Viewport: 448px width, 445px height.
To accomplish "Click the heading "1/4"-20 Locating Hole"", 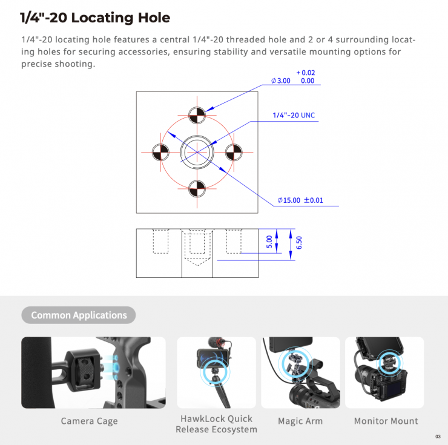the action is point(95,18).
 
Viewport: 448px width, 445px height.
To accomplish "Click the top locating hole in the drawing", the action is point(197,115).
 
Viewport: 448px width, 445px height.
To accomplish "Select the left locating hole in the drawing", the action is point(160,152).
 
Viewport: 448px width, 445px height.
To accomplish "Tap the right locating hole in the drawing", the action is point(234,152).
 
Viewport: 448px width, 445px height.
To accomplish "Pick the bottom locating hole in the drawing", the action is point(197,189).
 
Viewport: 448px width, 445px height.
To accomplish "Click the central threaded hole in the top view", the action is point(197,152).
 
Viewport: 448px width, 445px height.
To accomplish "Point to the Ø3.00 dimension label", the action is point(280,81).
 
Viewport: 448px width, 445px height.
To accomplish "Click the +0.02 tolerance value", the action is point(306,73).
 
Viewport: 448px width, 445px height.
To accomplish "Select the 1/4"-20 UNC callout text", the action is point(294,115).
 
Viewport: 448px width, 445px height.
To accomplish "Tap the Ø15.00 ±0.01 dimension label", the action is point(300,200).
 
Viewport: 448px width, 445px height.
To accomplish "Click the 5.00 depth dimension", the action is point(269,242).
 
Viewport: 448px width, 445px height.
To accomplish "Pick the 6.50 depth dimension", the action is point(299,243).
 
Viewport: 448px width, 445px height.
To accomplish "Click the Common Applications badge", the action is point(79,315).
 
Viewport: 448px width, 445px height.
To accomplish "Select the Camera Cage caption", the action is point(89,421).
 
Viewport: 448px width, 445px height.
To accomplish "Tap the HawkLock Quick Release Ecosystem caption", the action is point(216,424).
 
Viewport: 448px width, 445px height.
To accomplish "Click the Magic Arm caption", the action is point(300,421).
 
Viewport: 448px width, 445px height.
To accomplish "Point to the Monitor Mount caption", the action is point(386,421).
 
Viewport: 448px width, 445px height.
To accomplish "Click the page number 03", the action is point(438,437).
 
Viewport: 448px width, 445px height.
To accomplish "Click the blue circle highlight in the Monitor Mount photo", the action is point(390,363).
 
